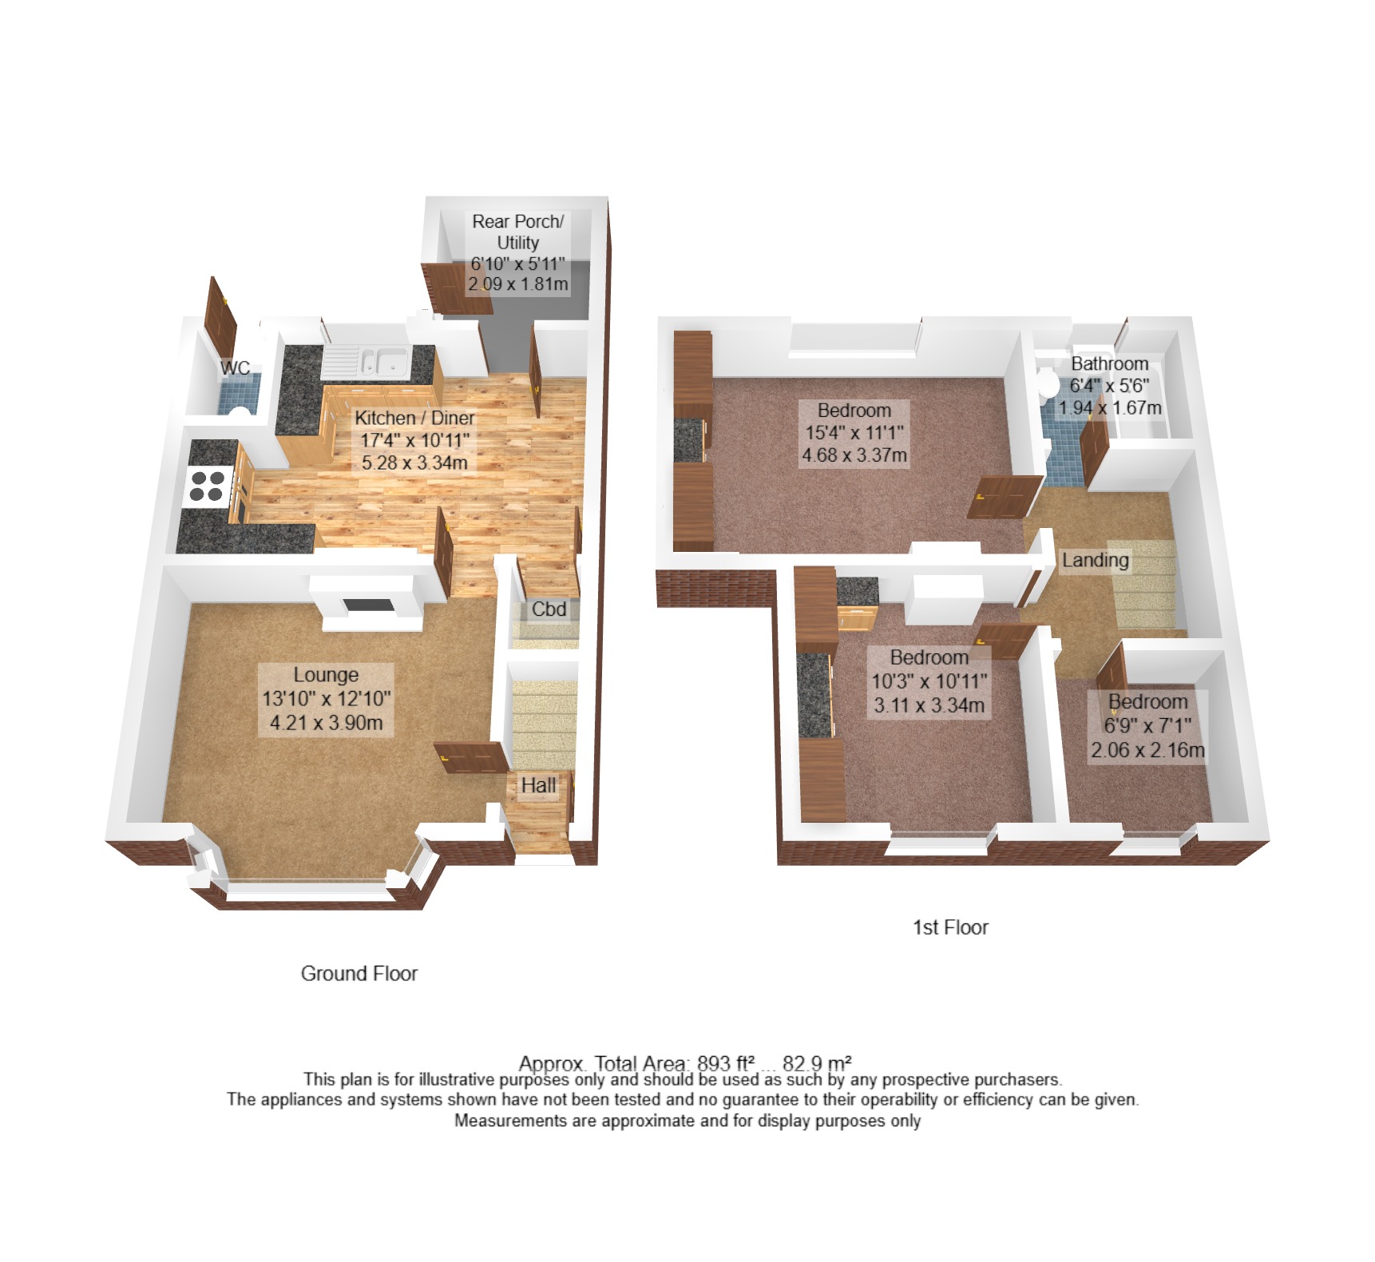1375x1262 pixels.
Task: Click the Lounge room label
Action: click(326, 675)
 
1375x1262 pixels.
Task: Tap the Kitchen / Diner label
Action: click(414, 418)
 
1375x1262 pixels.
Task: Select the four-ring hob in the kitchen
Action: click(207, 486)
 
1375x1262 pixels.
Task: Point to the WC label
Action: click(235, 368)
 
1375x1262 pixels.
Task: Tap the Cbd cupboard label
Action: click(549, 609)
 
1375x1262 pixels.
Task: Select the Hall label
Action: click(538, 786)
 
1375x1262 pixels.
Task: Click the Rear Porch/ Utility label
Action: click(517, 232)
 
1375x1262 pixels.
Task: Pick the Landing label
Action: click(1096, 561)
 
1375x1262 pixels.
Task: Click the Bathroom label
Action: click(1110, 364)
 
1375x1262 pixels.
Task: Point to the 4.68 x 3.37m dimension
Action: click(854, 455)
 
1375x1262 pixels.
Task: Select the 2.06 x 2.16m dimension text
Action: click(1148, 750)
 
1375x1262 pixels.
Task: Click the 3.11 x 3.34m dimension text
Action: click(929, 705)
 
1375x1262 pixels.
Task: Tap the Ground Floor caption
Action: click(359, 974)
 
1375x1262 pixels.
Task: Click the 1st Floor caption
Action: click(950, 927)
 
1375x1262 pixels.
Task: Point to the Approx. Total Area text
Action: click(685, 1064)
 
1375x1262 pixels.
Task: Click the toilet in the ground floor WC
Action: click(239, 413)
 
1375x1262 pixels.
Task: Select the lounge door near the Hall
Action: click(471, 758)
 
